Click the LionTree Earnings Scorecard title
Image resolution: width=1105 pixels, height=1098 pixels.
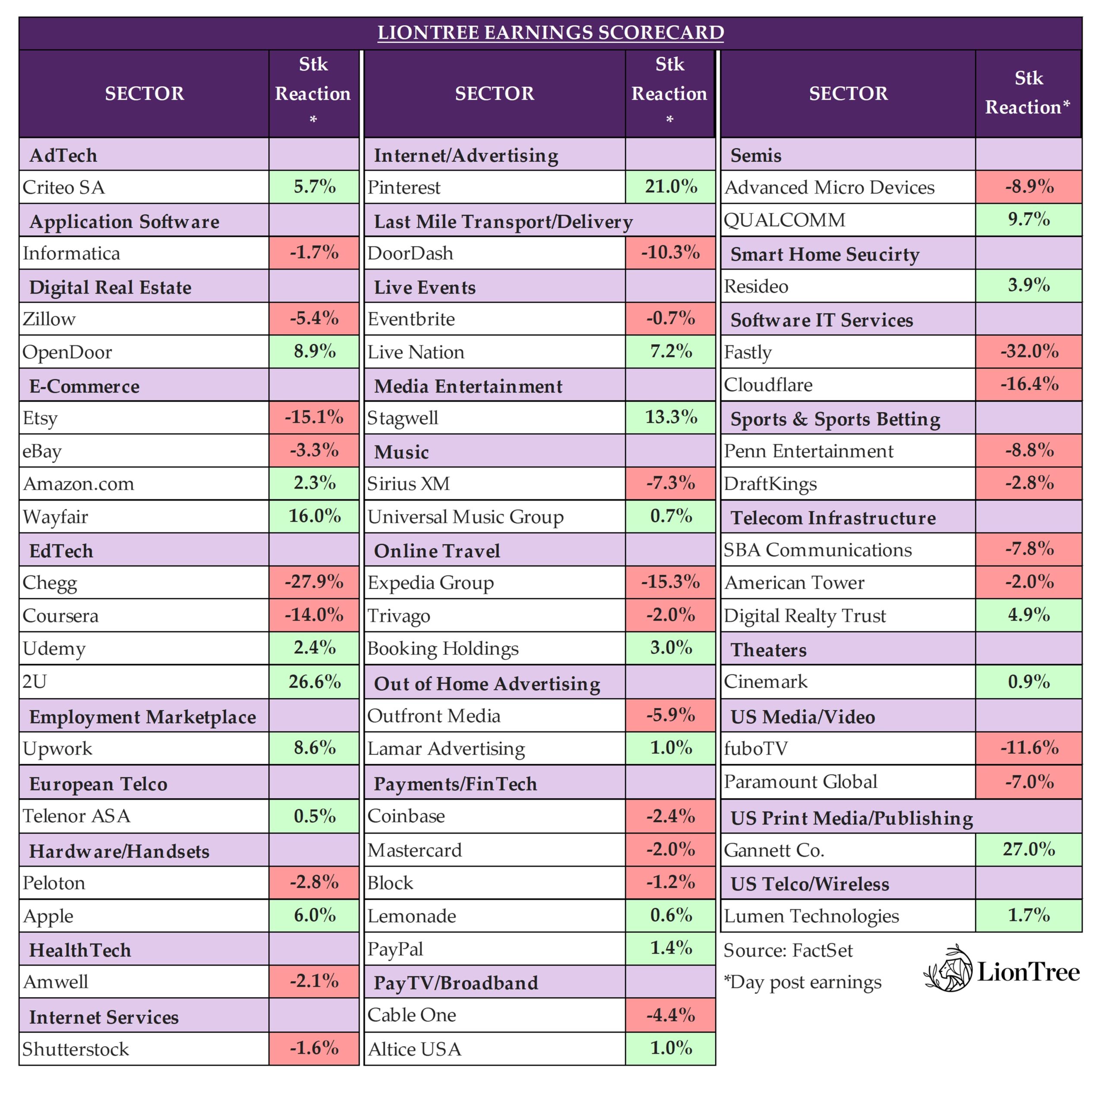pyautogui.click(x=550, y=33)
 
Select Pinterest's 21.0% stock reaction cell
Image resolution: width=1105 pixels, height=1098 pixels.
pyautogui.click(x=670, y=186)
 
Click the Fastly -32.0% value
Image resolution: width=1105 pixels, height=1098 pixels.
pyautogui.click(x=1028, y=351)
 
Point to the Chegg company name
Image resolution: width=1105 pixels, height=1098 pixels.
pyautogui.click(x=50, y=583)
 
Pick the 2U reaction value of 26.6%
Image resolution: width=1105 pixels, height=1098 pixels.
pyautogui.click(x=314, y=681)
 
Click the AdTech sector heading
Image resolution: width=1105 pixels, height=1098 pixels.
pyautogui.click(x=63, y=155)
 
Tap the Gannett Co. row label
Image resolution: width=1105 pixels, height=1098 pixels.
pyautogui.click(x=774, y=850)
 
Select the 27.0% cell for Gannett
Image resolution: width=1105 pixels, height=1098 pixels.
pyautogui.click(x=1028, y=849)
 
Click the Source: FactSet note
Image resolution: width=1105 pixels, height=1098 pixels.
pyautogui.click(x=788, y=951)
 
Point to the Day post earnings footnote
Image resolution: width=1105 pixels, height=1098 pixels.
pyautogui.click(x=802, y=982)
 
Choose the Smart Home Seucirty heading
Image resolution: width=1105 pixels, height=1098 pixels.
pyautogui.click(x=825, y=254)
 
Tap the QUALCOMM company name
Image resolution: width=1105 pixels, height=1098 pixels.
pyautogui.click(x=784, y=220)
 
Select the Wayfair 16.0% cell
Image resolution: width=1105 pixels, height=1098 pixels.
pyautogui.click(x=314, y=516)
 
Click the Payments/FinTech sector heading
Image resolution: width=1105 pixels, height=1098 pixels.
pyautogui.click(x=455, y=784)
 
